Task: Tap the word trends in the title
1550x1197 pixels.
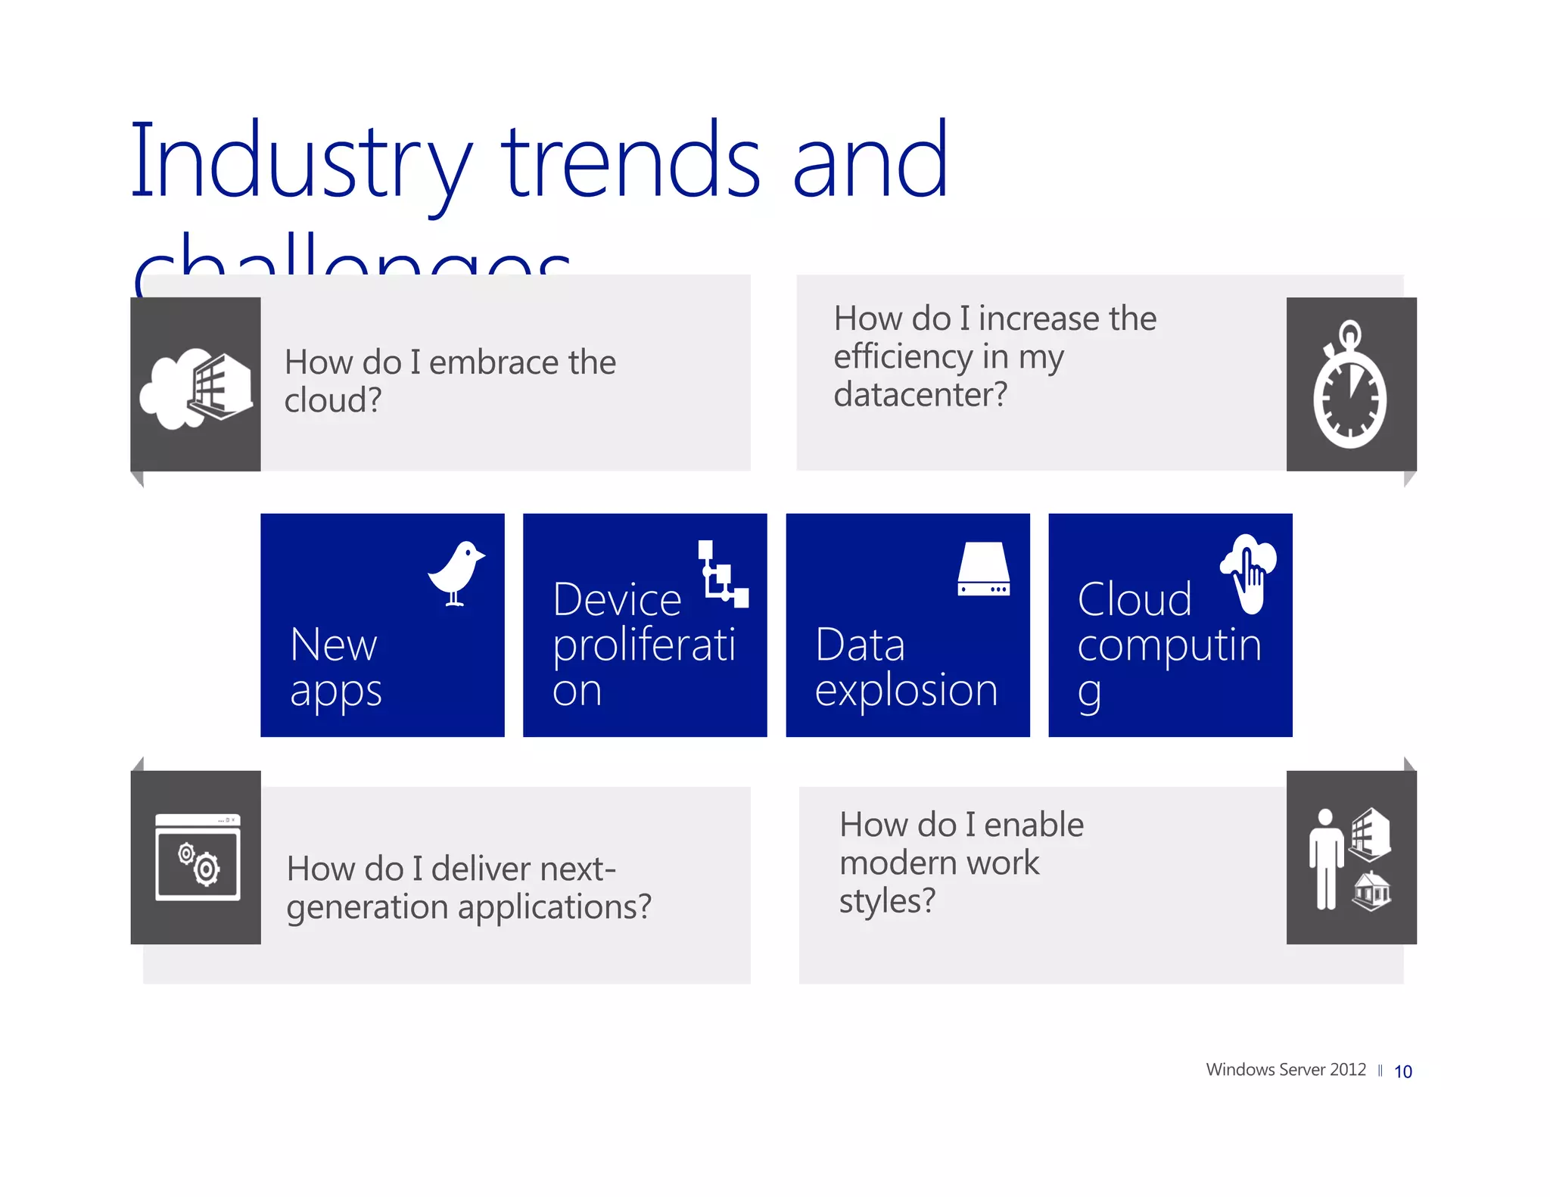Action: point(631,163)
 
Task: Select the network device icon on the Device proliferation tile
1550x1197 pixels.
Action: point(721,574)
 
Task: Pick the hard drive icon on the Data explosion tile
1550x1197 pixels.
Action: point(983,569)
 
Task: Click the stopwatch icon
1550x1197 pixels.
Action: point(1349,386)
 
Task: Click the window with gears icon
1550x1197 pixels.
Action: point(198,857)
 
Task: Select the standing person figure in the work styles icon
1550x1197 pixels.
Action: point(1325,859)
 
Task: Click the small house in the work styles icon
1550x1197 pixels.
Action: point(1371,891)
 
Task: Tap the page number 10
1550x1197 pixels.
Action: point(1402,1071)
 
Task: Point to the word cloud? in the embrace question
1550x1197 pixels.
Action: point(333,400)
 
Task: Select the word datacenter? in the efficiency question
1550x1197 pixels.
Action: point(920,394)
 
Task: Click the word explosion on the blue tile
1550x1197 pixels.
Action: point(906,690)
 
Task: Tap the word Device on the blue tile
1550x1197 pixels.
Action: point(617,600)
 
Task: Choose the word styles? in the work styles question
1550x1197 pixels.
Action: point(887,900)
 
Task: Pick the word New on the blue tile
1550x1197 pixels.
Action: point(333,645)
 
